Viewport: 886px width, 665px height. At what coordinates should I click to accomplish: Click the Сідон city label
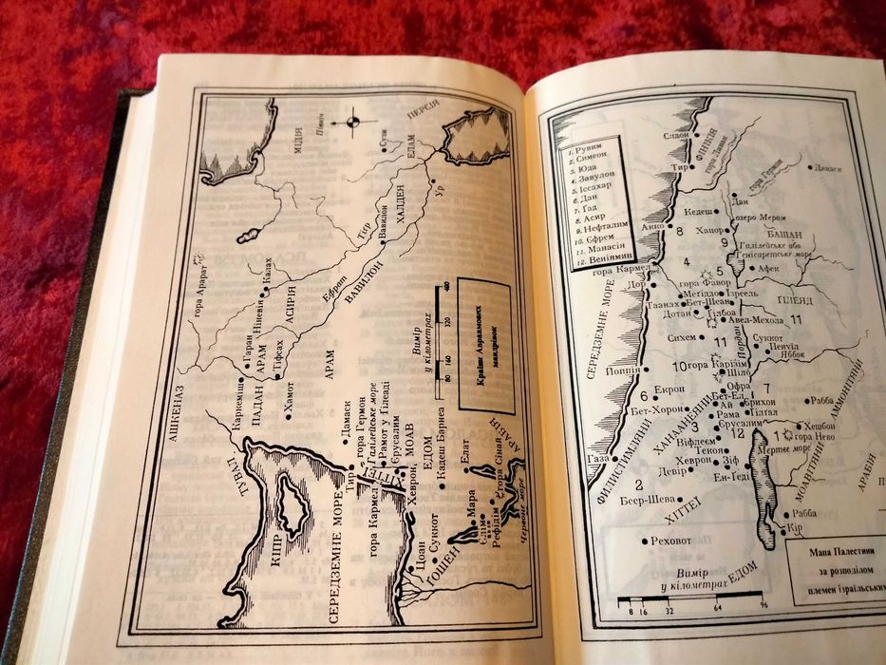click(x=676, y=135)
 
